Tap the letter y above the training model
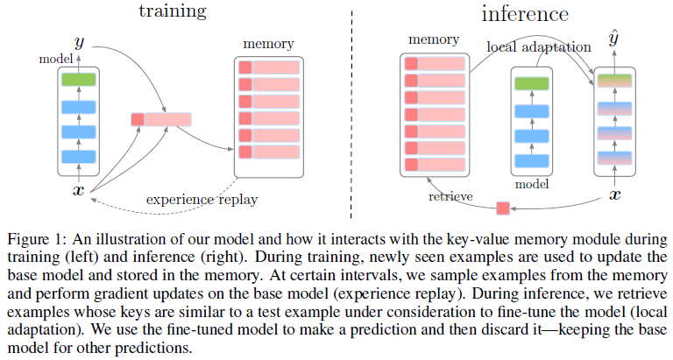pyautogui.click(x=80, y=41)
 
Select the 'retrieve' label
pyautogui.click(x=451, y=195)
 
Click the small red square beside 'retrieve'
pyautogui.click(x=503, y=208)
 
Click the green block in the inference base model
pyautogui.click(x=533, y=84)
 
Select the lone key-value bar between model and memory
pyautogui.click(x=160, y=119)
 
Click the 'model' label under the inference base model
pyautogui.click(x=532, y=186)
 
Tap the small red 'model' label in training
pyautogui.click(x=55, y=59)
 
